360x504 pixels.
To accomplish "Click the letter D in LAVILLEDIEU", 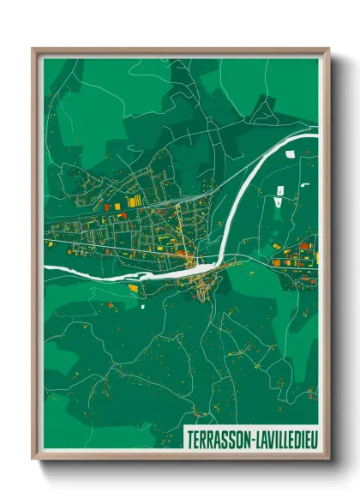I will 294,438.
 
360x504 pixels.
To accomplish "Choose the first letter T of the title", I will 189,438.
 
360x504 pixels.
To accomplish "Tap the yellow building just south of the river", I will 135,289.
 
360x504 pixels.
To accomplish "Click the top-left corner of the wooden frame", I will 33,48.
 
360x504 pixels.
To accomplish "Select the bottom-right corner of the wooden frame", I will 328,459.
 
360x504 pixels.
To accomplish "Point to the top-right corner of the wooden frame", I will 328,48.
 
